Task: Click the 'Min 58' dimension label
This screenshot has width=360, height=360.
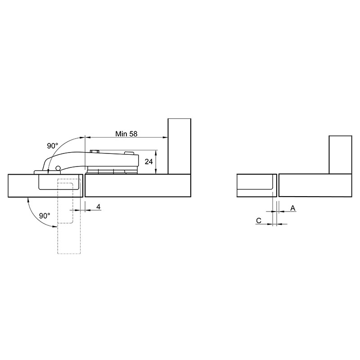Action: [126, 134]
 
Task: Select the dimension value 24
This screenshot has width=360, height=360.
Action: [148, 162]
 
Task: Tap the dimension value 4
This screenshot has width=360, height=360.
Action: [98, 207]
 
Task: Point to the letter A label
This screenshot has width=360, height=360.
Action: [293, 208]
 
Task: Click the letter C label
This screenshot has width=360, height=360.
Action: [258, 220]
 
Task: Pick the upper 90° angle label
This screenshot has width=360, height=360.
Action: [53, 146]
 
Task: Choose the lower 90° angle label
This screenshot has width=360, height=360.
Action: [45, 216]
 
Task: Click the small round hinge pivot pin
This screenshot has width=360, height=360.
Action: [58, 168]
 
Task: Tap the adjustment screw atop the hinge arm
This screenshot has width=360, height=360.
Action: [94, 151]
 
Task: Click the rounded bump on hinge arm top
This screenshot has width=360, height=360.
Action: [129, 153]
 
